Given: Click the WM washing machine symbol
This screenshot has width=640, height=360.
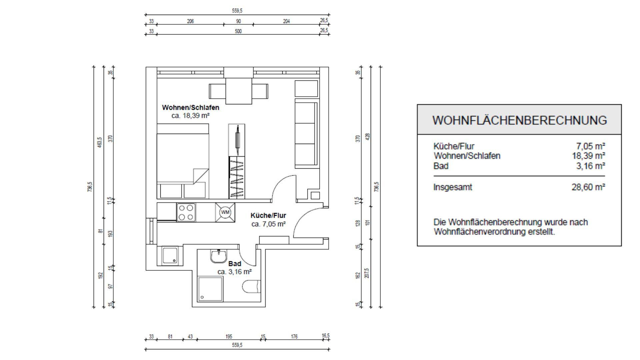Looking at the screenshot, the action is (225, 212).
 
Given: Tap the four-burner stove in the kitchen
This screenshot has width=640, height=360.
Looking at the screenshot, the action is (186, 212).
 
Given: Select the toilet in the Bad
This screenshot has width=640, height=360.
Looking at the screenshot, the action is (251, 286).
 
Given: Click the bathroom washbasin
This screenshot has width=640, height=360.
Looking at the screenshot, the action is (219, 256).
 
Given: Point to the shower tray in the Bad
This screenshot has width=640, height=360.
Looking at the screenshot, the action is (210, 289).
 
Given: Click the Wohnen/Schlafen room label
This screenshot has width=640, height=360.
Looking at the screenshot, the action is (191, 107).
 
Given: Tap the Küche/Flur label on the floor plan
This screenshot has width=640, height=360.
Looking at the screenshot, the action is (268, 215).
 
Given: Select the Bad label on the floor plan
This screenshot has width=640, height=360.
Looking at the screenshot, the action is (235, 264).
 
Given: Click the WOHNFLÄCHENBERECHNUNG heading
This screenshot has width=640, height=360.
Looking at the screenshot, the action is (520, 120).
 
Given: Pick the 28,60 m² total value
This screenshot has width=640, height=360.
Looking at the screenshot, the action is (588, 187).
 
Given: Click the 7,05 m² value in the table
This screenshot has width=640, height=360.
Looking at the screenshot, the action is (591, 146).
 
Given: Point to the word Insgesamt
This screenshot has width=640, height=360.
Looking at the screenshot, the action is (453, 187).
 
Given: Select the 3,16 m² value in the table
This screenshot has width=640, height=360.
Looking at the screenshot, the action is (591, 166).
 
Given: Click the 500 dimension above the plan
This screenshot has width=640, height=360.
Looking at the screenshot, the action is (238, 31).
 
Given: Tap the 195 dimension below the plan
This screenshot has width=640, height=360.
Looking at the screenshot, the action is (229, 337).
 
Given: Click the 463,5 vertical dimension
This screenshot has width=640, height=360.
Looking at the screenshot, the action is (99, 142).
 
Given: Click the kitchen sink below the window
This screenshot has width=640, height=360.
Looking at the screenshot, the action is (170, 256).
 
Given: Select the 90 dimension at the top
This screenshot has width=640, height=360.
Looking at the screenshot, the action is (238, 21).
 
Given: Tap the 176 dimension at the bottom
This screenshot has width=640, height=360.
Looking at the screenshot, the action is (294, 337).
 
